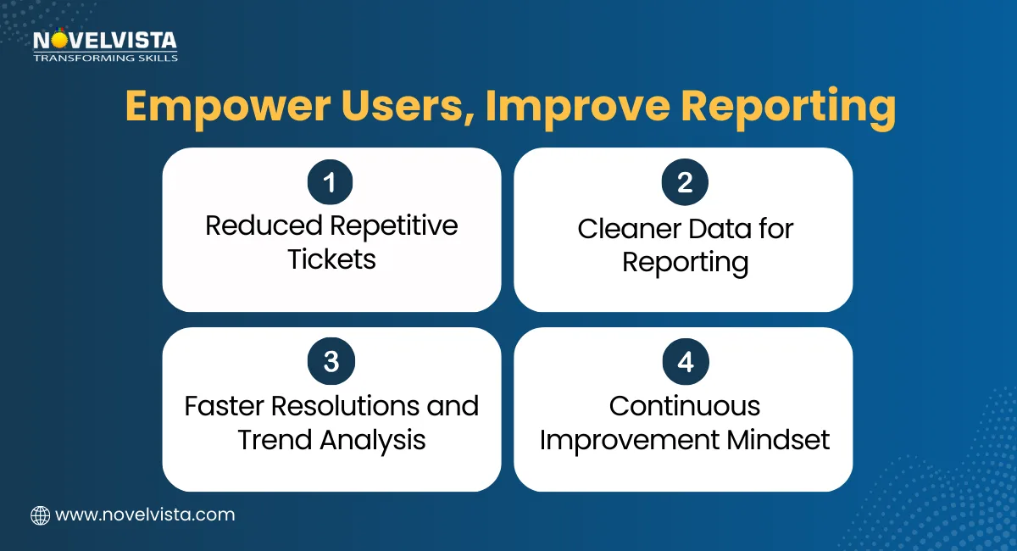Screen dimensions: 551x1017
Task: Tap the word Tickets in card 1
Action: [331, 259]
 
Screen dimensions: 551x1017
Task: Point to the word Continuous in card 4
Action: [684, 406]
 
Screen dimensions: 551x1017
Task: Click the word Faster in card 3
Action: [224, 406]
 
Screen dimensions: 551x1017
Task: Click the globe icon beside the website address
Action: [40, 515]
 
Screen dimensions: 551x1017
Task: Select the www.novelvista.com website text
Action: [145, 515]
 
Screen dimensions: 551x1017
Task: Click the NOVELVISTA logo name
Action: [103, 41]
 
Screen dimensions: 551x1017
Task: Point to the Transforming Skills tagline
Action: [104, 58]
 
